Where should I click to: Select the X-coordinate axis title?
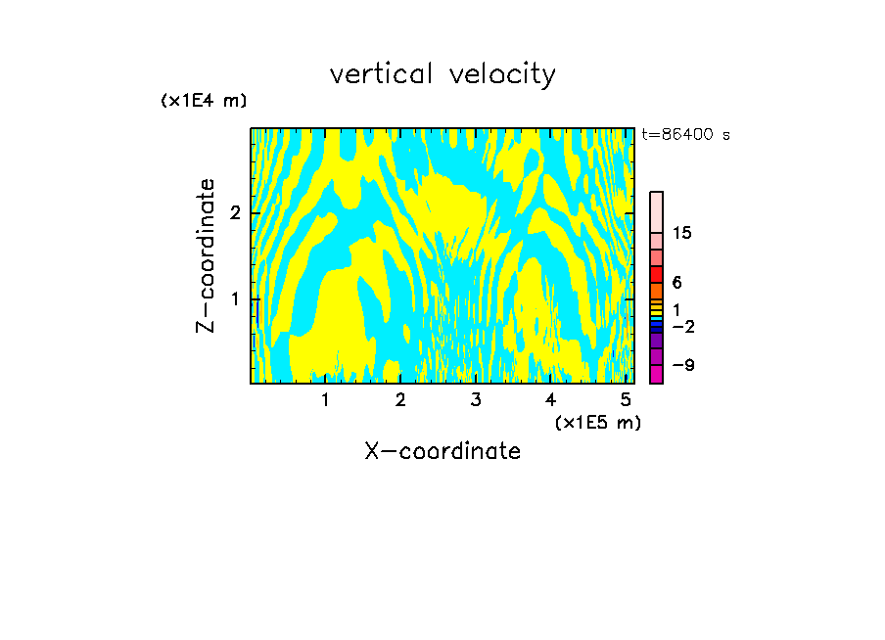tap(442, 451)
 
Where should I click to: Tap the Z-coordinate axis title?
tap(206, 255)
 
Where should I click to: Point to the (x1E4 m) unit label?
tap(204, 101)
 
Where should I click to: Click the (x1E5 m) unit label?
tap(598, 422)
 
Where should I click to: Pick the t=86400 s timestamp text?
tap(685, 135)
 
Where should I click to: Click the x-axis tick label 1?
tap(325, 400)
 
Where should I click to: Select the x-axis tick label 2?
tap(400, 400)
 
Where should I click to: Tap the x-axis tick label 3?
tap(476, 400)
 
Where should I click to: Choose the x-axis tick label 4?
tap(551, 400)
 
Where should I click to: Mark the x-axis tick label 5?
tap(626, 400)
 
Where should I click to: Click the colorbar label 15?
tap(682, 233)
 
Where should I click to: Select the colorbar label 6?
tap(676, 283)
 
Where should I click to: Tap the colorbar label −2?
tap(682, 326)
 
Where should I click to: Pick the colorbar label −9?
tap(682, 365)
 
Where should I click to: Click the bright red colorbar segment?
tap(656, 274)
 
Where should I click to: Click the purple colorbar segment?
tap(656, 342)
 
